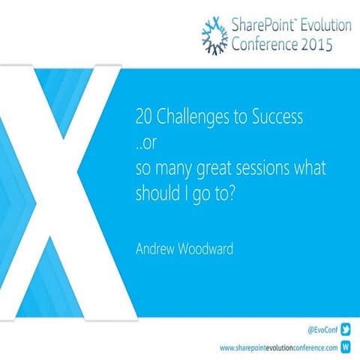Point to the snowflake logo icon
pos(216,34)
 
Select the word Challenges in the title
pos(187,118)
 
